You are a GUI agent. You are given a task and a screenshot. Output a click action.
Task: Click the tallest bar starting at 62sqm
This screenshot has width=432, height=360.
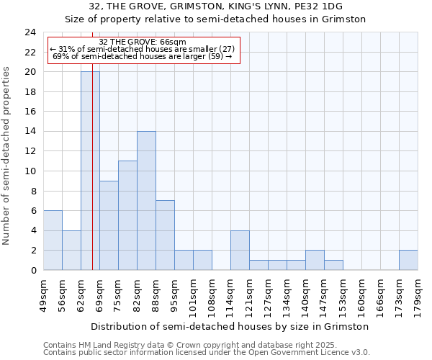coord(90,171)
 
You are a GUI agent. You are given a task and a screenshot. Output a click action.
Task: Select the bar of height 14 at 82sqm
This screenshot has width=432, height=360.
coord(146,200)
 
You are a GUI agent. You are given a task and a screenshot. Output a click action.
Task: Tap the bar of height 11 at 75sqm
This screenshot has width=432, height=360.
coord(127,215)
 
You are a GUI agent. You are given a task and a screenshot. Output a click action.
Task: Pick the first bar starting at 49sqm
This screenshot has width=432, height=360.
coord(53,240)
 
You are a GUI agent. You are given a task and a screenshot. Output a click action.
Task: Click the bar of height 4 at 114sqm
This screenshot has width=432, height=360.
coord(240,250)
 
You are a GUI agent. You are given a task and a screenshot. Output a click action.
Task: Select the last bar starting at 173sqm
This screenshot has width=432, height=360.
coord(408,260)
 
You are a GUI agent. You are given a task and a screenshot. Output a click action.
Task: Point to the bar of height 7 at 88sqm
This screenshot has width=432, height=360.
coord(165,235)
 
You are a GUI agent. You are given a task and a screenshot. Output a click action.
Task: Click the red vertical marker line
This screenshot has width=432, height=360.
coord(93,180)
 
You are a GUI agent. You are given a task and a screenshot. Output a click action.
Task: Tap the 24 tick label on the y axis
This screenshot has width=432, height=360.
coord(30,32)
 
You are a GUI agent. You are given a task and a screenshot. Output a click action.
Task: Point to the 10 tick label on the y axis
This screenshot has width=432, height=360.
coord(30,171)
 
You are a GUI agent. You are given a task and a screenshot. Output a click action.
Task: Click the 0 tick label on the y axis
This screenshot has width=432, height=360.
coord(33,270)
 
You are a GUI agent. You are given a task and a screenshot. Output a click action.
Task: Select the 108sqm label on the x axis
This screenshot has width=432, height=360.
coord(212,292)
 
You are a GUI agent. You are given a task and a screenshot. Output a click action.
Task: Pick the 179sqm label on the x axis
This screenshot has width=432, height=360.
coord(418,292)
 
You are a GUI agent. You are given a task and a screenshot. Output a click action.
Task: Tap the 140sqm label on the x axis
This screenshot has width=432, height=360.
coord(305,292)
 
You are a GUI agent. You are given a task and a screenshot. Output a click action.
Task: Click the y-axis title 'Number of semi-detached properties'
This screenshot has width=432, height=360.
coord(8,156)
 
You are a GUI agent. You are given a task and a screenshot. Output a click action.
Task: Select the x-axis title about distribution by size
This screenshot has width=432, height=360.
coord(230,326)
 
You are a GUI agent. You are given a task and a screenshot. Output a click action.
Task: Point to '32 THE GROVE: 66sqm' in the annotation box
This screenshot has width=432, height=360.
coord(143,42)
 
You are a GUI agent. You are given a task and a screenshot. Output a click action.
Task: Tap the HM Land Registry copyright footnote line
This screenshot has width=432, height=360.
coord(174,345)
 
